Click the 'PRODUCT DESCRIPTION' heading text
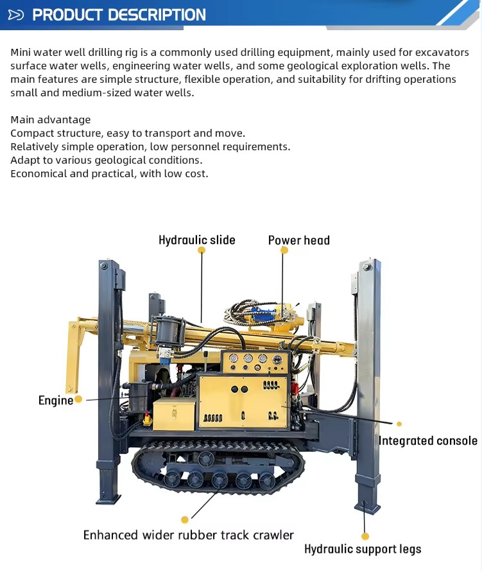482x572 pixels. click(119, 15)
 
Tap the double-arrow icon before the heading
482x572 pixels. click(16, 15)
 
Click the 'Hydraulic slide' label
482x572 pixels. click(197, 240)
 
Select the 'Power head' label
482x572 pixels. click(299, 240)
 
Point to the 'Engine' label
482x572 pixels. click(56, 401)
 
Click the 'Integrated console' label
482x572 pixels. click(428, 440)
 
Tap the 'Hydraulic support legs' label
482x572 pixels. click(363, 549)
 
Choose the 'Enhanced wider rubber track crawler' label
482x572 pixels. click(189, 535)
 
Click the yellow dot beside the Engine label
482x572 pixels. click(78, 399)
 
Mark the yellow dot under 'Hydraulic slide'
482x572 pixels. click(202, 250)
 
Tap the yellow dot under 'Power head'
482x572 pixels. click(284, 250)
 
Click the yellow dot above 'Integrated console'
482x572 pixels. click(399, 424)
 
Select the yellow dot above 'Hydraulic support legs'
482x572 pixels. click(365, 536)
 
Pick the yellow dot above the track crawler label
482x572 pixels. click(185, 519)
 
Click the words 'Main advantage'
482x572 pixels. click(51, 119)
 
